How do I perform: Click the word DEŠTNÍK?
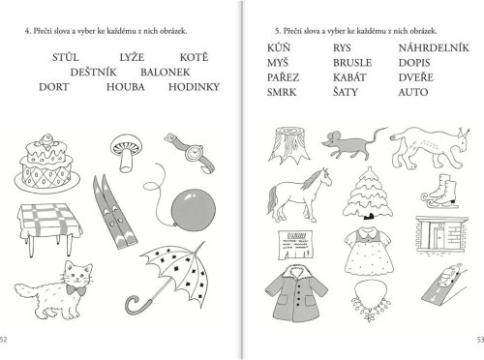pos(93,72)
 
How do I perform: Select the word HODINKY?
pos(194,87)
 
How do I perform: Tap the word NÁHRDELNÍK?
pos(434,47)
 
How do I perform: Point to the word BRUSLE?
pos(352,63)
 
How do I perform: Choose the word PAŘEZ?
pos(283,77)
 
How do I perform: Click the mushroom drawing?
pos(126,153)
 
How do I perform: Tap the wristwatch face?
pos(194,152)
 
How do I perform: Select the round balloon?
pos(193,210)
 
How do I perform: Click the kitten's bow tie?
pos(76,290)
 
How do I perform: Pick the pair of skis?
pos(114,211)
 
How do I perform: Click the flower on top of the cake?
pos(46,140)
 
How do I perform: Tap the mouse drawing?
pos(353,143)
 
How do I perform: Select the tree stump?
pos(288,144)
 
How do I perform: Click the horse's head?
pos(324,177)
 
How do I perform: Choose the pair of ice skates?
pos(440,192)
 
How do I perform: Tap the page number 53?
pos(480,340)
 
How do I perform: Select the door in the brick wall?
pos(439,237)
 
